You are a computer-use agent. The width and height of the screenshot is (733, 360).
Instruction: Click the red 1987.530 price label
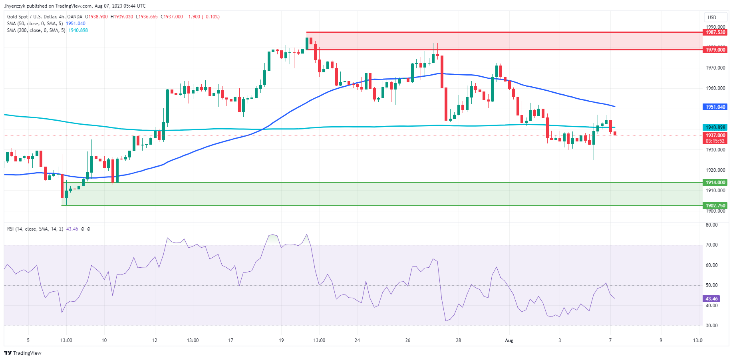(x=715, y=32)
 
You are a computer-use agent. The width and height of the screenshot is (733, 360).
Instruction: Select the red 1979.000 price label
(x=715, y=50)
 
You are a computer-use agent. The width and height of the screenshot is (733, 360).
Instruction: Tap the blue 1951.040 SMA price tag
(x=715, y=107)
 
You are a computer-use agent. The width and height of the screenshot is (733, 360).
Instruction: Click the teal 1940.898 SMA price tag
(x=715, y=127)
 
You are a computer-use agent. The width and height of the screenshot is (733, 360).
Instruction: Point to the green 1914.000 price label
(x=715, y=183)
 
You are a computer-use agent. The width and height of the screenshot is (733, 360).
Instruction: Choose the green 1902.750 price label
(x=715, y=206)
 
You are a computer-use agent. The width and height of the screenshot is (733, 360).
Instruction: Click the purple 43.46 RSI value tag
(x=711, y=299)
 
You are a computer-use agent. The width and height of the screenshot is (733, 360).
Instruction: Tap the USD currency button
(x=712, y=17)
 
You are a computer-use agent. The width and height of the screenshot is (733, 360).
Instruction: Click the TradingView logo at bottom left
(x=23, y=353)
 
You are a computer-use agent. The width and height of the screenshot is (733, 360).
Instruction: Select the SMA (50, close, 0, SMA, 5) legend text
(x=35, y=24)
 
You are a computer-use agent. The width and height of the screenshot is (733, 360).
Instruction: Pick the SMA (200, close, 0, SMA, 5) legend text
(x=36, y=30)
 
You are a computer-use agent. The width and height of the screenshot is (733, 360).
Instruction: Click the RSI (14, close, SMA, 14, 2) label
(x=35, y=229)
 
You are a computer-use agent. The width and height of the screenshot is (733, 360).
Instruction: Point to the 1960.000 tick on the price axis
(x=715, y=88)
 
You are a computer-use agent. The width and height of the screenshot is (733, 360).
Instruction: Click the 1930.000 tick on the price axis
(x=715, y=150)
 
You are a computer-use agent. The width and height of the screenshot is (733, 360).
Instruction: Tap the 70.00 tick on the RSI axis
(x=711, y=245)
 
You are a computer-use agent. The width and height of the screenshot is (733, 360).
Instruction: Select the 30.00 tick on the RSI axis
(x=711, y=326)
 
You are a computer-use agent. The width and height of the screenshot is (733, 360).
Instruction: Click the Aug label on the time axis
(x=509, y=340)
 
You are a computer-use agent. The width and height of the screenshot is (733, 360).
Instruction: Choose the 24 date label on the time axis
(x=357, y=340)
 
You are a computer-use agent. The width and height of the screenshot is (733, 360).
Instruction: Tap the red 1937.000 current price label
(x=715, y=135)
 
